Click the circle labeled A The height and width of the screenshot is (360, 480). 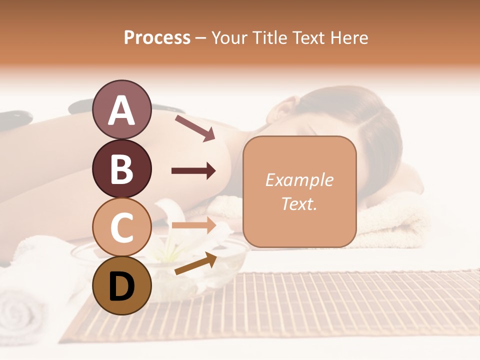coord(121,109)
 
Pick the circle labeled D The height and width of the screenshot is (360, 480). coord(121,285)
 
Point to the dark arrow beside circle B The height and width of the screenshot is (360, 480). coord(193,171)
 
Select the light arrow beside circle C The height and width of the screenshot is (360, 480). coord(193,225)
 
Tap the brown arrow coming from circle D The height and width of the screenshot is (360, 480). coord(195,263)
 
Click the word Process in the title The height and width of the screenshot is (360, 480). coord(157,37)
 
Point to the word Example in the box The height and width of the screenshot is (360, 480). coord(299,180)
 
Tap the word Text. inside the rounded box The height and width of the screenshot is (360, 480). coord(299,203)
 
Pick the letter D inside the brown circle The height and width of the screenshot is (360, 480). coord(121,286)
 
